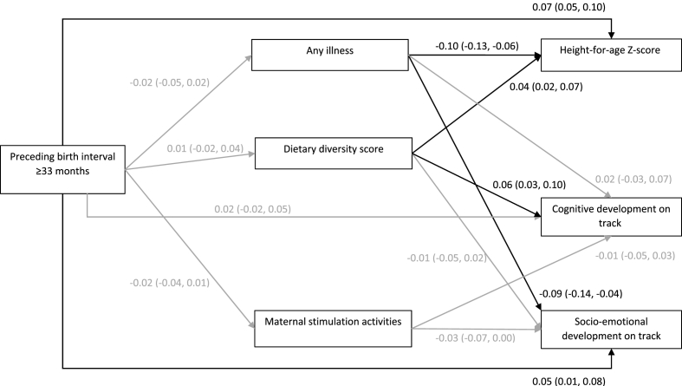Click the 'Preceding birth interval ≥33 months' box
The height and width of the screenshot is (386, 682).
pyautogui.click(x=63, y=163)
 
